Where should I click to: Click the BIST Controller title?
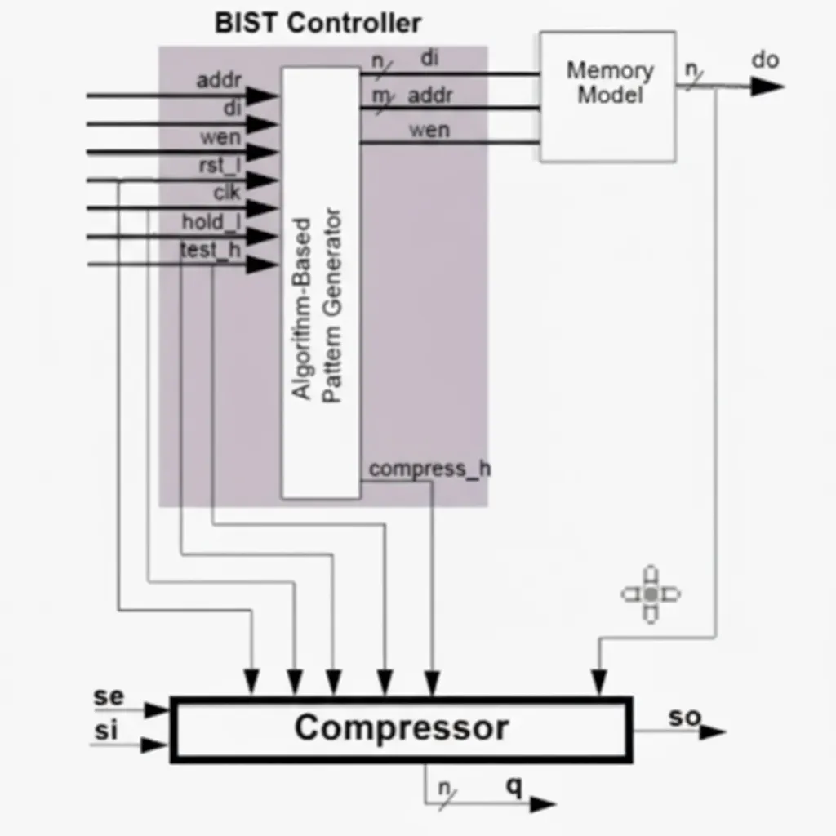point(318,24)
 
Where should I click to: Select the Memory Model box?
point(607,96)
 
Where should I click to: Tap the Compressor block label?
point(402,727)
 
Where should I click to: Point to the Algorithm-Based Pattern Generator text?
point(317,305)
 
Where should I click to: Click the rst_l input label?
point(220,166)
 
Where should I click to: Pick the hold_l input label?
point(211,222)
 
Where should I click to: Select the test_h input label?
point(211,250)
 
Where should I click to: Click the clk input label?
point(227,193)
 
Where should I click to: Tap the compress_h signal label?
point(429,469)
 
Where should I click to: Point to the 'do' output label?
point(765,60)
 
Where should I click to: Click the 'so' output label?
point(685,717)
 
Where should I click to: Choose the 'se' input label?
point(109,696)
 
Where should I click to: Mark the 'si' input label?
point(105,731)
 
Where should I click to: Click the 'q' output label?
point(514,786)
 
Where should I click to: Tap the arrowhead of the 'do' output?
point(767,87)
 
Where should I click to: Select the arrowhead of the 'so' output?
point(713,732)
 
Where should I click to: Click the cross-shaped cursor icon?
point(651,594)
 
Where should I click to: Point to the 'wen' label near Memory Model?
point(429,130)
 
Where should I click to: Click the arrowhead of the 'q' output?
point(543,804)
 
